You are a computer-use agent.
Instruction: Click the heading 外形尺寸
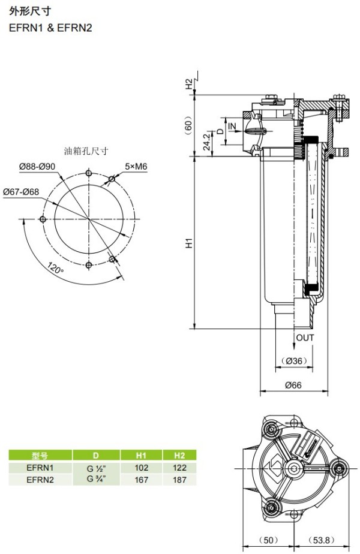click(30, 11)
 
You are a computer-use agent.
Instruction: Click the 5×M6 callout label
click(136, 167)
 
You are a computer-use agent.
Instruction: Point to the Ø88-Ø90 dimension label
click(37, 167)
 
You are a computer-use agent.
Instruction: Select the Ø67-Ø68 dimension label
click(21, 192)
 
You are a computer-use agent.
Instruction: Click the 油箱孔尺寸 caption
click(86, 151)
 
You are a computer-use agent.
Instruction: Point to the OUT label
click(305, 338)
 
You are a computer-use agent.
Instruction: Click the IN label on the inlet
click(232, 126)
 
